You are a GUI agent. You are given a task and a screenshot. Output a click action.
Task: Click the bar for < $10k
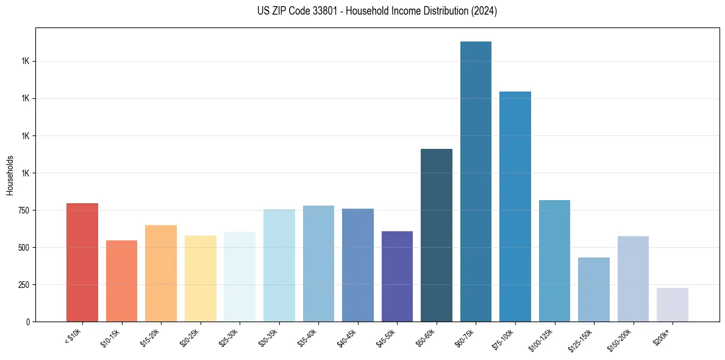pyautogui.click(x=82, y=262)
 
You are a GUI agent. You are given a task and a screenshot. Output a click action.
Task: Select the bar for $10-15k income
pyautogui.click(x=121, y=281)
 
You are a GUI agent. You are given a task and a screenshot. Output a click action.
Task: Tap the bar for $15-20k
pyautogui.click(x=161, y=273)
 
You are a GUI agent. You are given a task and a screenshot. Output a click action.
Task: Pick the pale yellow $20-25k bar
pyautogui.click(x=200, y=278)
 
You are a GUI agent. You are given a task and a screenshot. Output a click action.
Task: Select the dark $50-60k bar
pyautogui.click(x=437, y=235)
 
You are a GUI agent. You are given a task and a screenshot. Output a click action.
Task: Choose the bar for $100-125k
pyautogui.click(x=554, y=261)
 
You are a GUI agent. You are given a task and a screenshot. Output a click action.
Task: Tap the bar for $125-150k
pyautogui.click(x=594, y=289)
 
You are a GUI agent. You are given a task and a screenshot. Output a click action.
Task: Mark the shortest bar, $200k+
pyautogui.click(x=673, y=304)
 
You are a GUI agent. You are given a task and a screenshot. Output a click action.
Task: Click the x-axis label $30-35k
pyautogui.click(x=269, y=337)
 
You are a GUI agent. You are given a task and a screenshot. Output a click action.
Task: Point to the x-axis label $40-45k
pyautogui.click(x=348, y=337)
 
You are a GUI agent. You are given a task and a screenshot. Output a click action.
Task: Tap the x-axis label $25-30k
pyautogui.click(x=229, y=337)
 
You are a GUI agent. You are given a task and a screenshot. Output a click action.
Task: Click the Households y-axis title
pyautogui.click(x=10, y=175)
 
